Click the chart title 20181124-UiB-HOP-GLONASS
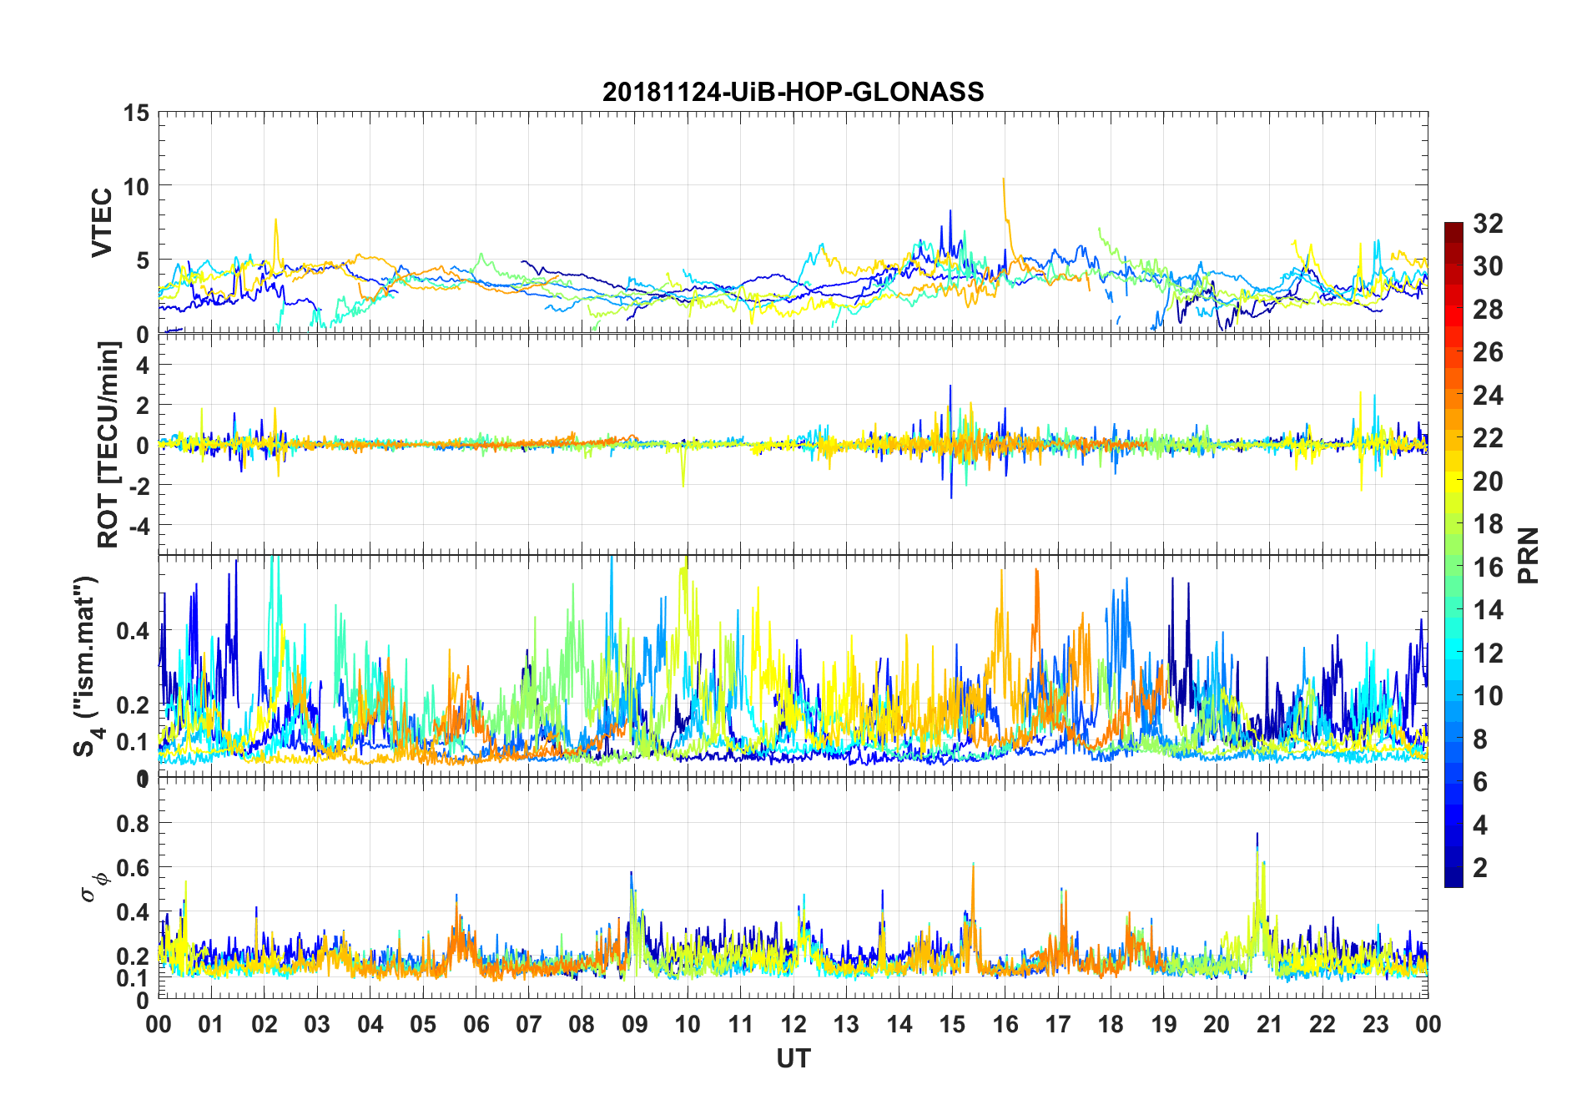tap(793, 92)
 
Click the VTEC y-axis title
tap(102, 223)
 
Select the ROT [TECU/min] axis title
tap(108, 444)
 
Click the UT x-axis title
tap(793, 1058)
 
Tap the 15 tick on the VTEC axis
tap(136, 113)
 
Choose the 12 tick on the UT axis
tap(793, 1024)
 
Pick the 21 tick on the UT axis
tap(1269, 1024)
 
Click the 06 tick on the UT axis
tap(476, 1024)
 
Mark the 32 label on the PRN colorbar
tap(1488, 224)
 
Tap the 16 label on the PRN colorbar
tap(1488, 568)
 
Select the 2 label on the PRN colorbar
tap(1480, 868)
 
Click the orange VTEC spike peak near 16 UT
tap(1003, 179)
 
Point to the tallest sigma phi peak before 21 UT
tap(1257, 834)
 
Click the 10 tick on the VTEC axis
tap(136, 186)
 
